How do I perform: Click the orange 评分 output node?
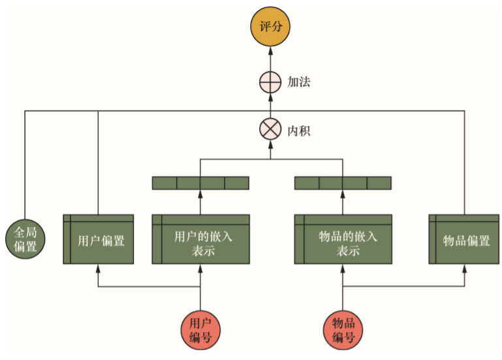click(270, 27)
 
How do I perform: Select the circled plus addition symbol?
click(270, 82)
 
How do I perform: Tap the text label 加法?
click(299, 82)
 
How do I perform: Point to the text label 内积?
click(299, 131)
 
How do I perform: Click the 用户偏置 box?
click(99, 239)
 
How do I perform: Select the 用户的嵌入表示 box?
click(200, 239)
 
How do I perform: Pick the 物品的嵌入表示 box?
click(343, 239)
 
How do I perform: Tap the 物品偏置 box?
click(464, 239)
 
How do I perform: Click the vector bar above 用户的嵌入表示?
click(200, 183)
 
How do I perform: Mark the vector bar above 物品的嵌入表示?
click(343, 183)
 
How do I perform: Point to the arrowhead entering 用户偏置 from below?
click(99, 268)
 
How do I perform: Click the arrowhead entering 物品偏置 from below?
click(464, 268)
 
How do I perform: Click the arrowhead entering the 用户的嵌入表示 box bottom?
click(200, 268)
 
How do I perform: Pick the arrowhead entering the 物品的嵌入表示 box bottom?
click(343, 268)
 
